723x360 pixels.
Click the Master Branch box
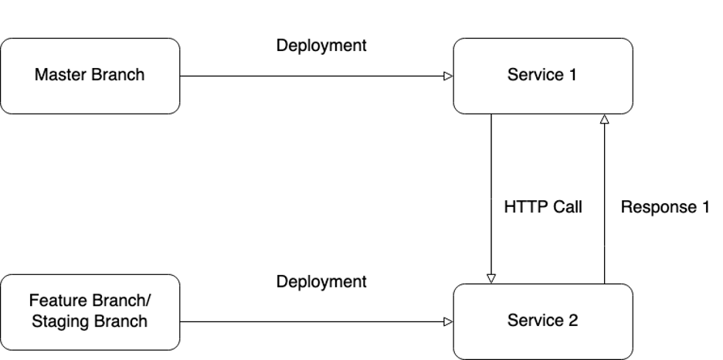pyautogui.click(x=90, y=76)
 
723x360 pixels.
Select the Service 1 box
pyautogui.click(x=542, y=76)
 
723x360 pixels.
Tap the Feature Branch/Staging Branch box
pyautogui.click(x=90, y=311)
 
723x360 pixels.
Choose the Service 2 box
pyautogui.click(x=542, y=321)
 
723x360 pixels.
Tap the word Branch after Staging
pyautogui.click(x=120, y=321)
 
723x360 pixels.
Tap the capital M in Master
pyautogui.click(x=40, y=75)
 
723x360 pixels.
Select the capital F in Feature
pyautogui.click(x=33, y=301)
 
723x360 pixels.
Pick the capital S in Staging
pyautogui.click(x=36, y=321)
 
